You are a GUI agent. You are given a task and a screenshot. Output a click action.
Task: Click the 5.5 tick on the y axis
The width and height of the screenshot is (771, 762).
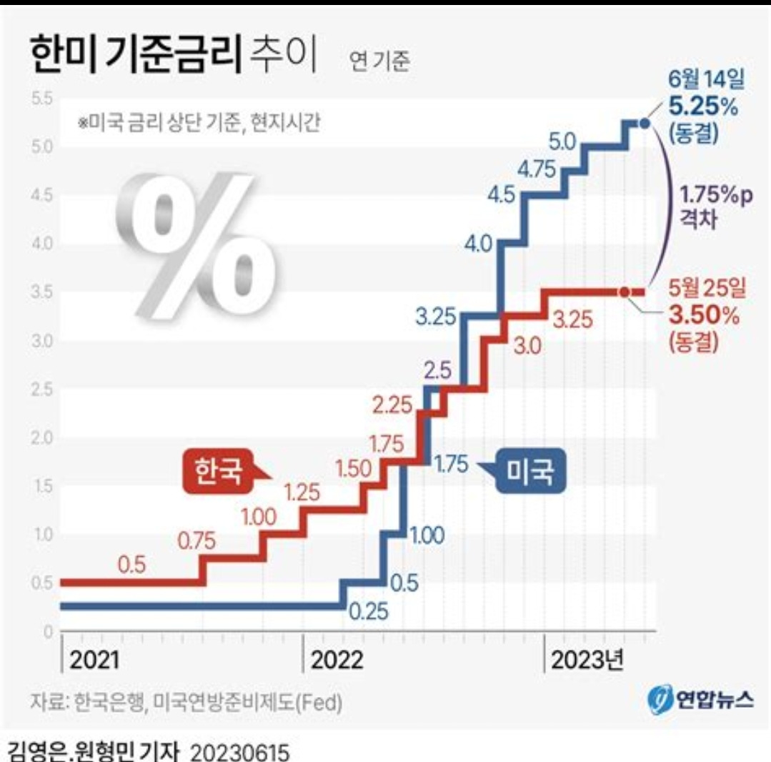(x=43, y=98)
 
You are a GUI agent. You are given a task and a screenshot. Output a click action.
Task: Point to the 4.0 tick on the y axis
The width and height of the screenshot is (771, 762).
(x=43, y=244)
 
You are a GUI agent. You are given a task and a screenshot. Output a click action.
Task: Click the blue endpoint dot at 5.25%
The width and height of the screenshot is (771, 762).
(x=644, y=124)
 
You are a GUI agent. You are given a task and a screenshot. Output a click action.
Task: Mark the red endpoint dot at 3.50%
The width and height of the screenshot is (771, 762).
(x=625, y=292)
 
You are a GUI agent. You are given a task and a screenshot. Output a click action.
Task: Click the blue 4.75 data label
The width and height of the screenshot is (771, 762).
(x=537, y=169)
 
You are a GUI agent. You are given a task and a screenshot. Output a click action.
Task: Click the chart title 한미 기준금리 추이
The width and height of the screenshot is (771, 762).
(x=172, y=58)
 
